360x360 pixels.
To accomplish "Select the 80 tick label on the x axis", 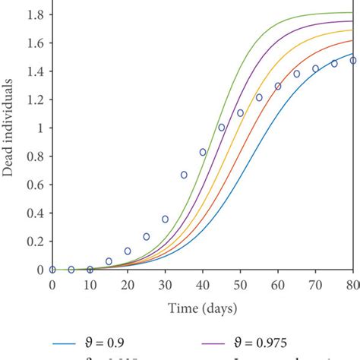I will click(x=352, y=284).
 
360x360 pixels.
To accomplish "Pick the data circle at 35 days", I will click(x=184, y=175).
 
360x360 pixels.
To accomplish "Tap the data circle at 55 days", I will click(x=259, y=97).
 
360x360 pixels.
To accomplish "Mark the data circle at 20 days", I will click(x=128, y=251).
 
